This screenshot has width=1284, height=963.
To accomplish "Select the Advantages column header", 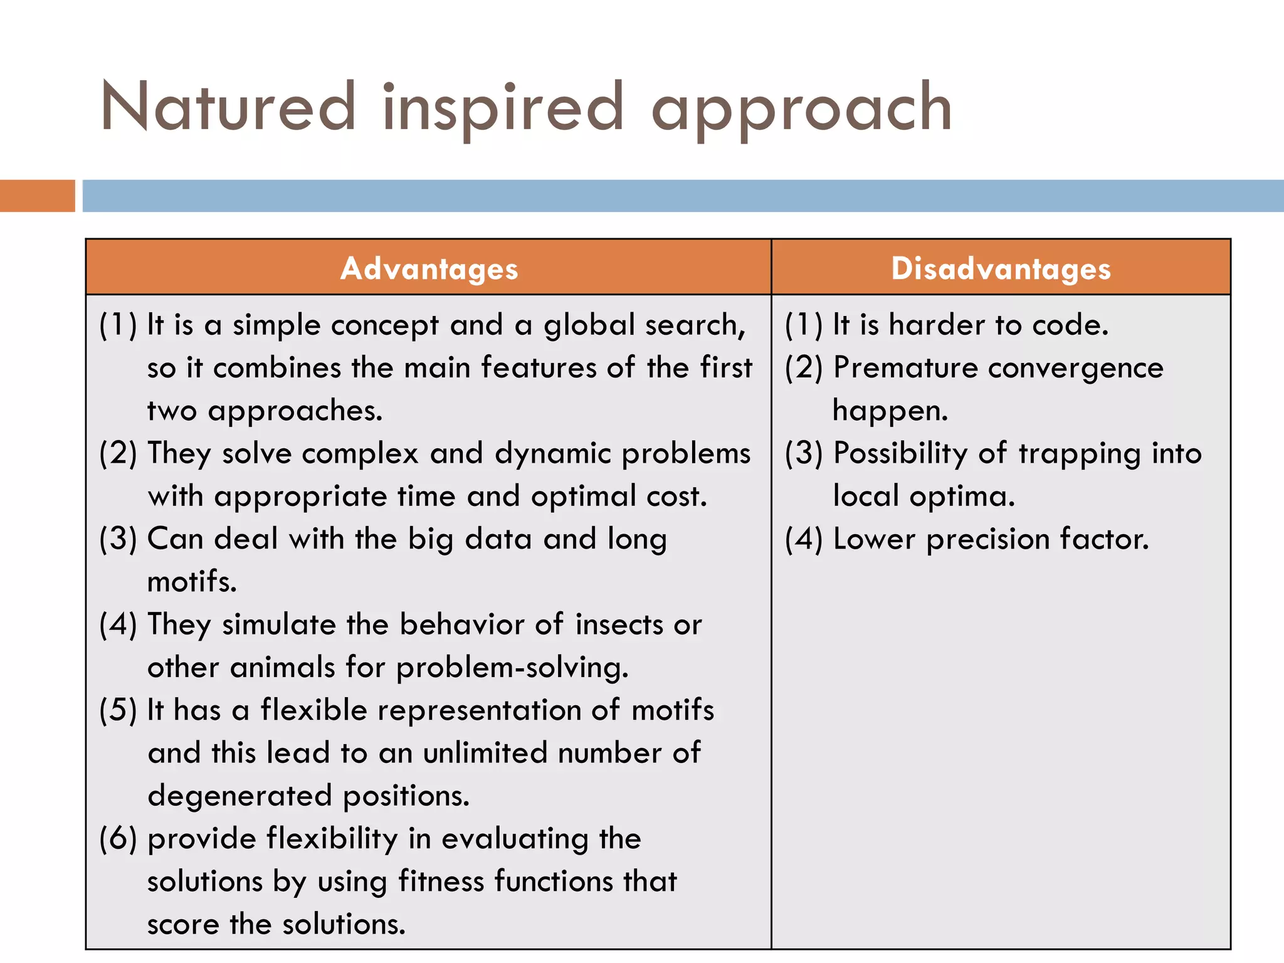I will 429,268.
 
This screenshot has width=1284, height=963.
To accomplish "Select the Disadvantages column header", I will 1001,268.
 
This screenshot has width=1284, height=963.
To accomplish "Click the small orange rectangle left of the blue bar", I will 37,196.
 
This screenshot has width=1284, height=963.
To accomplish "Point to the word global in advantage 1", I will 589,326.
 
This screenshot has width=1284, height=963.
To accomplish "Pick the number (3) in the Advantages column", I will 118,539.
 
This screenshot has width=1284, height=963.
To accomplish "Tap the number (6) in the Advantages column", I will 118,839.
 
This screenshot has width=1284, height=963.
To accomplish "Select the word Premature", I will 905,368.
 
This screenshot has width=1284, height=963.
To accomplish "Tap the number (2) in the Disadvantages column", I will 803,368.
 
